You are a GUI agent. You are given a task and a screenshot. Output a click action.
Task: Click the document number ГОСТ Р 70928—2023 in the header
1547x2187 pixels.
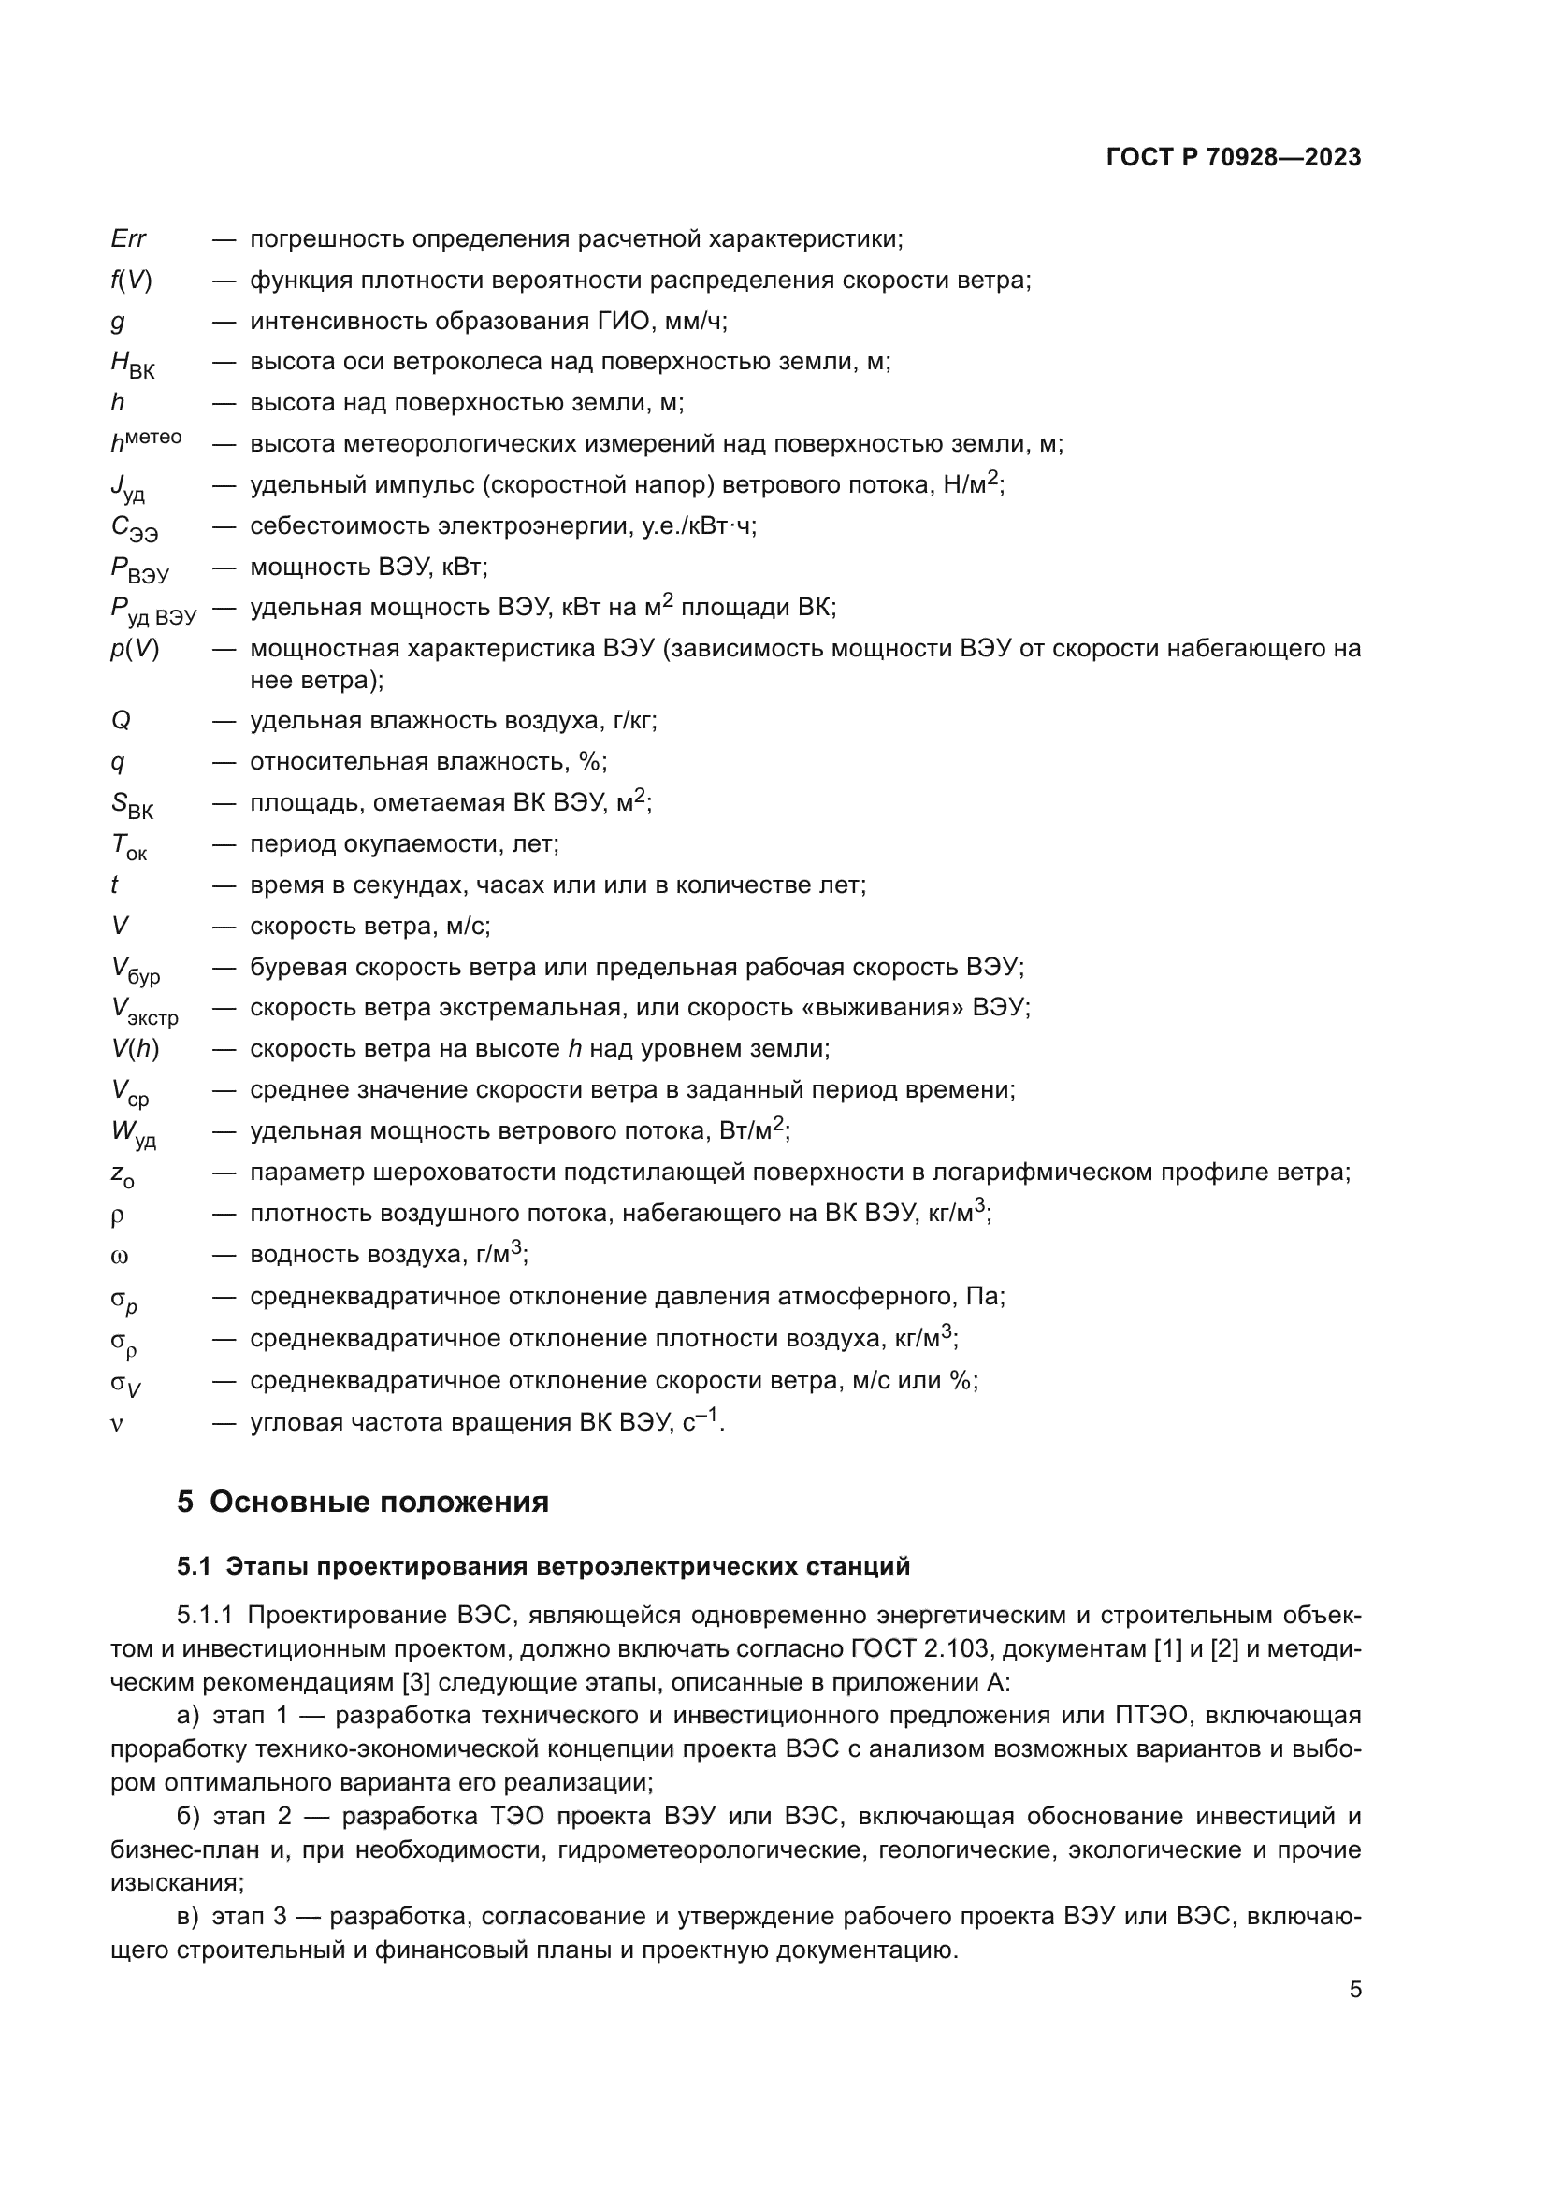click(x=1233, y=157)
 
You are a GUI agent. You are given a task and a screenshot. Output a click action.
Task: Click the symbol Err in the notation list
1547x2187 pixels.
click(x=127, y=239)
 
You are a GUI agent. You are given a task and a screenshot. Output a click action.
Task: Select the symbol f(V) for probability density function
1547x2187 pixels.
click(x=131, y=281)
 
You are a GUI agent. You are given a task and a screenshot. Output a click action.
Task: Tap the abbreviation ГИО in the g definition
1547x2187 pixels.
click(x=623, y=321)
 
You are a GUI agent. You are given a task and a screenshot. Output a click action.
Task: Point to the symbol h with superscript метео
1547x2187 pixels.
click(x=145, y=441)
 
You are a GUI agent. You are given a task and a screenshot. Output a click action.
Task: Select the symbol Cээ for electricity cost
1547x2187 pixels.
click(x=134, y=527)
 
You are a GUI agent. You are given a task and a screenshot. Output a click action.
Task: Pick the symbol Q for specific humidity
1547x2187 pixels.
click(x=121, y=720)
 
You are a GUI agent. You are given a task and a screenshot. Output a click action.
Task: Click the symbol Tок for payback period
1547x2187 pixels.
click(x=128, y=846)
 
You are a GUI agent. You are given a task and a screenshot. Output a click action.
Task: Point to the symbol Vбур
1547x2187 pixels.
click(x=135, y=970)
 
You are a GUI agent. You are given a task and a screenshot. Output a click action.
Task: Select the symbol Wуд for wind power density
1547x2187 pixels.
click(x=134, y=1133)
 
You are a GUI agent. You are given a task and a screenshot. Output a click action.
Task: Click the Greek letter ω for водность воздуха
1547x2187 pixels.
click(x=119, y=1257)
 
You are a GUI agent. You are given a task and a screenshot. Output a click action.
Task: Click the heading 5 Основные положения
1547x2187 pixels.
click(x=363, y=1503)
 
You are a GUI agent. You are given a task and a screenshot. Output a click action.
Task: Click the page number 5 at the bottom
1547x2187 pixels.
click(x=1354, y=1990)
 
